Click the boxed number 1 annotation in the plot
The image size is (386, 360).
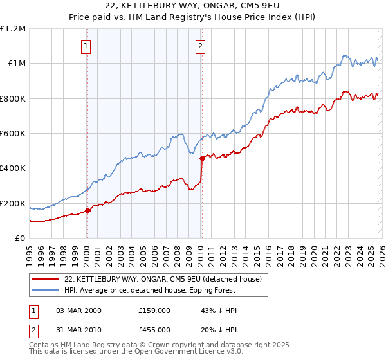coord(86,46)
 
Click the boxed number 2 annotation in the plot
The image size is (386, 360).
coord(201,46)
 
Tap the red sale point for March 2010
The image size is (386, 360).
coord(202,157)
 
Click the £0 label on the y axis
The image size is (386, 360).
coord(20,239)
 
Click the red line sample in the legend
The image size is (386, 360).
coord(45,280)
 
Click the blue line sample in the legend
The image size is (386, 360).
coord(45,291)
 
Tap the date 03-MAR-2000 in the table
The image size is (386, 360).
coord(78,310)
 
